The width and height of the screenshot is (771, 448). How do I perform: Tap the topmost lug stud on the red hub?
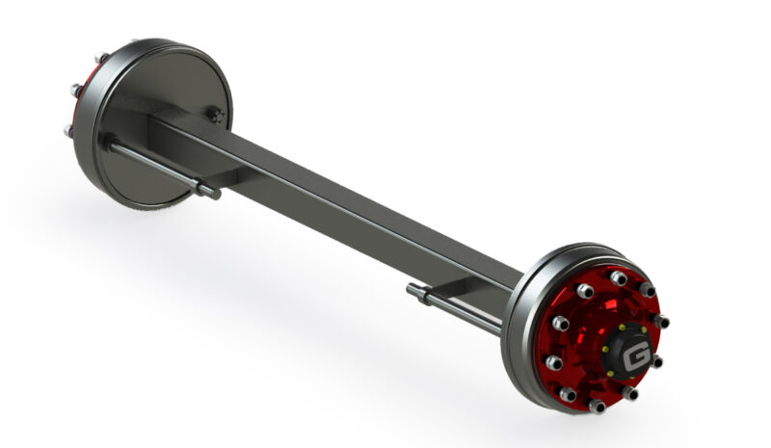(x=618, y=277)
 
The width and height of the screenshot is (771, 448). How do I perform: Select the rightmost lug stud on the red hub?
(x=661, y=321)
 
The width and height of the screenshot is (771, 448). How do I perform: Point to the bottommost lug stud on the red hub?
(x=597, y=406)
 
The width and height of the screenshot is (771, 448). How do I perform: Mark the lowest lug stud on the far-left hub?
(x=68, y=130)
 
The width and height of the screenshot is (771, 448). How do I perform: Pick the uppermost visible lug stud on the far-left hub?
(x=102, y=57)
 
